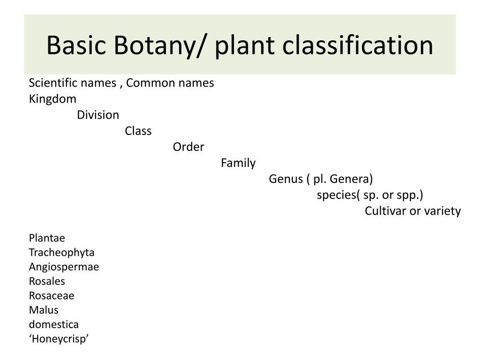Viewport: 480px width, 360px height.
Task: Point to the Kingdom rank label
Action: coord(52,99)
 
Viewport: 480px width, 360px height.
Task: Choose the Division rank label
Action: coord(98,115)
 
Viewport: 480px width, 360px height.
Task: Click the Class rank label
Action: coord(138,131)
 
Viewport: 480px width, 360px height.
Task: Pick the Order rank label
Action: coord(188,147)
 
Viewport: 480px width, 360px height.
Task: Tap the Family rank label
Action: coord(238,163)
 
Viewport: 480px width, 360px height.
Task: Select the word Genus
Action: coord(285,179)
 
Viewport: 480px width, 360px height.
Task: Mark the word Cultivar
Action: coord(386,211)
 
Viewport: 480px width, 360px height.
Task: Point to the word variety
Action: coord(442,211)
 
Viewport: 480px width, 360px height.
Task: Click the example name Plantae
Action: coord(47,238)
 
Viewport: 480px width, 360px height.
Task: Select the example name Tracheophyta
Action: coord(61,253)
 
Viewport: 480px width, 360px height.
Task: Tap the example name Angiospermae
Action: coord(64,267)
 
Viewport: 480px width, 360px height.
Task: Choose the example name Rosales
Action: coord(47,281)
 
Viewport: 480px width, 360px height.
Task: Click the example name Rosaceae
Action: coord(52,296)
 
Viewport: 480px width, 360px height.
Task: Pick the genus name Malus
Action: coord(44,310)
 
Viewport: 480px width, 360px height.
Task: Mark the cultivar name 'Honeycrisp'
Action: coord(59,339)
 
